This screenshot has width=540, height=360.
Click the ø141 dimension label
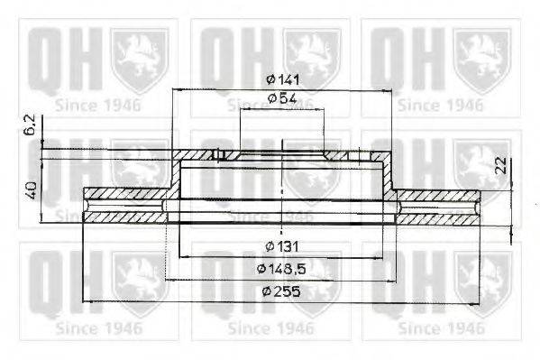(x=283, y=79)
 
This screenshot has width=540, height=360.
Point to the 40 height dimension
(x=31, y=190)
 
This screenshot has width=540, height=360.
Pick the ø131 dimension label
(x=283, y=246)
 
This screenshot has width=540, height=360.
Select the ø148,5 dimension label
(x=283, y=269)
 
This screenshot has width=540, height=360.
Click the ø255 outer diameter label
(x=283, y=291)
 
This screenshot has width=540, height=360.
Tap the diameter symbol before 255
(x=267, y=291)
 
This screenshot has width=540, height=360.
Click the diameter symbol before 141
(x=270, y=79)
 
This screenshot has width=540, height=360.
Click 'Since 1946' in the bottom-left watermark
(x=97, y=328)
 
